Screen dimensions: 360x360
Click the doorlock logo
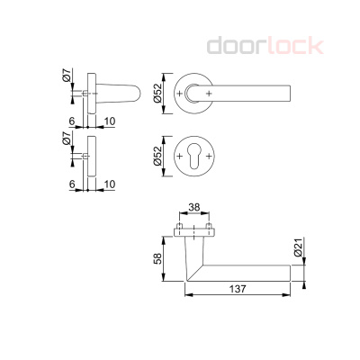coord(265,46)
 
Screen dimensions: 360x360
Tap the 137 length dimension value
coord(238,289)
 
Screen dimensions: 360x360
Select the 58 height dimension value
coord(157,258)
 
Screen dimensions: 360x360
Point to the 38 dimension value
coord(193,207)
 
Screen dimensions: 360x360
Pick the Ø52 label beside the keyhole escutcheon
coord(157,156)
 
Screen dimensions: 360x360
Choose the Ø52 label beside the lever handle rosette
coord(157,94)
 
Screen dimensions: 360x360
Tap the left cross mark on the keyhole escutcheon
coord(180,157)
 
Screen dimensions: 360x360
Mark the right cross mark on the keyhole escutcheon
coord(209,157)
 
